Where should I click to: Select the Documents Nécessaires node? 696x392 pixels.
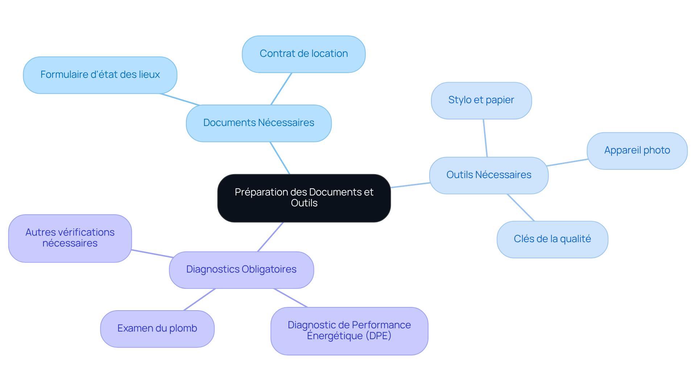pyautogui.click(x=258, y=123)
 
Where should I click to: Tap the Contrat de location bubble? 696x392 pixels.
pyautogui.click(x=303, y=54)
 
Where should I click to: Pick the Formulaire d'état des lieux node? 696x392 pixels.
pyautogui.click(x=100, y=75)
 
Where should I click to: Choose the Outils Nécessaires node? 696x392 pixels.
pyautogui.click(x=489, y=175)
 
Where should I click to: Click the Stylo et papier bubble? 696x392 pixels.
pyautogui.click(x=481, y=100)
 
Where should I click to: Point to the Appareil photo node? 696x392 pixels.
pyautogui.click(x=637, y=151)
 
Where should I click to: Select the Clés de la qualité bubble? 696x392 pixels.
pyautogui.click(x=552, y=239)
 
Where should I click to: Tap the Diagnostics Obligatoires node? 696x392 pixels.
pyautogui.click(x=241, y=270)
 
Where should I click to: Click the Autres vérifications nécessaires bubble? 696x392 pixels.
pyautogui.click(x=70, y=238)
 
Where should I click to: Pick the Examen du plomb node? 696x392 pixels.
pyautogui.click(x=157, y=329)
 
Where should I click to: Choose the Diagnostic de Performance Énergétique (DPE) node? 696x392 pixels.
pyautogui.click(x=349, y=331)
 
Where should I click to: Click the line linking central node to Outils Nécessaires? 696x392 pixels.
pyautogui.click(x=410, y=185)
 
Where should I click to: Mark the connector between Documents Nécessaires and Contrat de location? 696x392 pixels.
pyautogui.click(x=281, y=89)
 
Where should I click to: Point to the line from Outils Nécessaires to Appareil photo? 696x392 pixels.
pyautogui.click(x=567, y=163)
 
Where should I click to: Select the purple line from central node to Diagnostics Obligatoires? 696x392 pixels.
pyautogui.click(x=270, y=237)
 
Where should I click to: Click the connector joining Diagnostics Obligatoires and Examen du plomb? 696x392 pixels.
pyautogui.click(x=200, y=299)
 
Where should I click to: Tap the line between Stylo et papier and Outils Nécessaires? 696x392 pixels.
pyautogui.click(x=485, y=138)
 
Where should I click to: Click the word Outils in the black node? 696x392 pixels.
pyautogui.click(x=304, y=203)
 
